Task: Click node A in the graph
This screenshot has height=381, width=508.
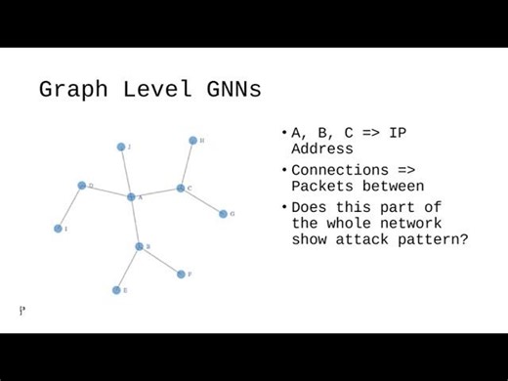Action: click(x=131, y=196)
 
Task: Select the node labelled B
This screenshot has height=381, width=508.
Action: click(x=139, y=246)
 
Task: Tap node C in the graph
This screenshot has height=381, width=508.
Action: click(x=181, y=188)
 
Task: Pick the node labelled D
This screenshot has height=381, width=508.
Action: click(x=82, y=185)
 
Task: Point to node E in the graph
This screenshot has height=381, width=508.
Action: click(x=116, y=290)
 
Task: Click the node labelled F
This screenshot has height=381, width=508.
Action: click(x=181, y=275)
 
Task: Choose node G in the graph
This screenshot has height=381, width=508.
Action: click(x=223, y=213)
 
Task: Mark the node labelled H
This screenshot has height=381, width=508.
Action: click(x=192, y=141)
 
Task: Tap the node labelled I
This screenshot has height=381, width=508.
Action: click(x=58, y=229)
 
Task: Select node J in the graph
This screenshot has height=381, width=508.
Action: click(x=121, y=147)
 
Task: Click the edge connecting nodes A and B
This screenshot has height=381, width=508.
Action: click(x=135, y=222)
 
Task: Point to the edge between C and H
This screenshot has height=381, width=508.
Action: click(x=187, y=164)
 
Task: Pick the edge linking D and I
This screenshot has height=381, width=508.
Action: click(x=70, y=206)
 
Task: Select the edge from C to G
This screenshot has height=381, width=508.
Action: click(x=201, y=200)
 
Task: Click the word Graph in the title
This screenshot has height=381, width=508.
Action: click(x=70, y=91)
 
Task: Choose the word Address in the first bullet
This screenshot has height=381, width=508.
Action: click(x=322, y=149)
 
